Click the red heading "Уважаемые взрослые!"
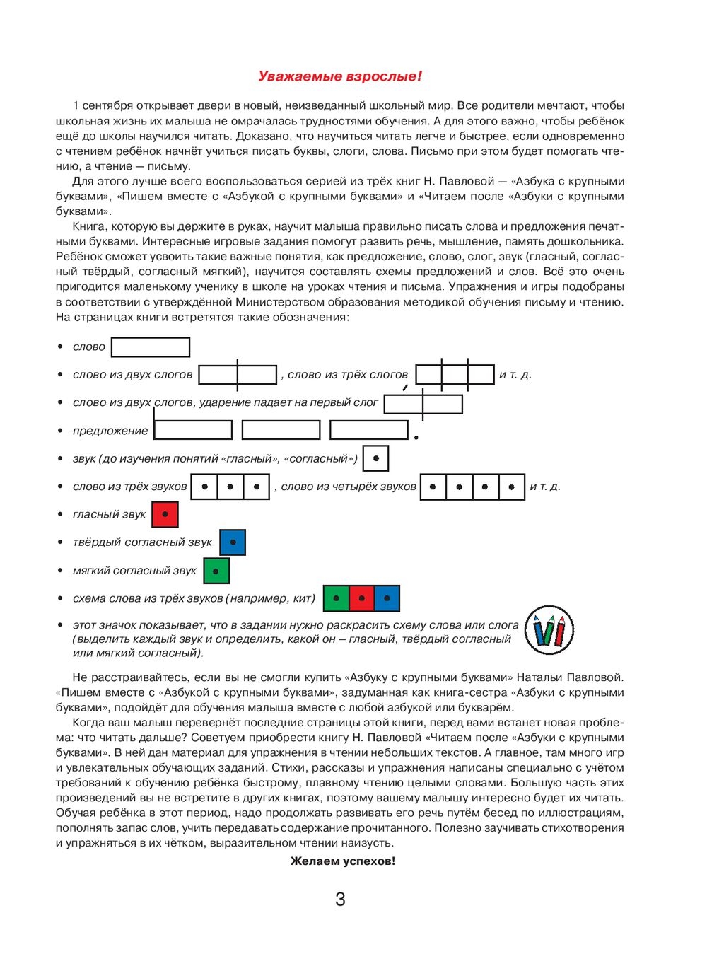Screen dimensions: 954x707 339,76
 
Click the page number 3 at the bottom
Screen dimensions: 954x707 340,899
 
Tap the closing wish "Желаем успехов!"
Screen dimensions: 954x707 343,861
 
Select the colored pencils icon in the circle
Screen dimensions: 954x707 549,629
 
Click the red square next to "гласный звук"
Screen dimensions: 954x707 165,514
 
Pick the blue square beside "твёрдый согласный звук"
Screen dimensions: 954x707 233,542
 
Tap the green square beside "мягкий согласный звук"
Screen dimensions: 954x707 216,571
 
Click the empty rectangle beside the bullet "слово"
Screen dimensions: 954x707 151,347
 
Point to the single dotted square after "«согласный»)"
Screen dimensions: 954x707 375,458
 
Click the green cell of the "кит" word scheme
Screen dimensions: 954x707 336,598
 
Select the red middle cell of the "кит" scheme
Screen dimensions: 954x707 361,598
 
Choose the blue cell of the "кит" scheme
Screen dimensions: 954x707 387,598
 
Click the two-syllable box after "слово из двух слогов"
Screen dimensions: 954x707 238,375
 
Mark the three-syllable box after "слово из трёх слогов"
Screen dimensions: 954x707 455,375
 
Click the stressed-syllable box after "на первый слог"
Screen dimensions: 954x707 423,404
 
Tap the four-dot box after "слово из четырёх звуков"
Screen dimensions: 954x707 472,487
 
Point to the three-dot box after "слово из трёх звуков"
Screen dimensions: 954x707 230,487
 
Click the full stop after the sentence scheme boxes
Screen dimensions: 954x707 416,438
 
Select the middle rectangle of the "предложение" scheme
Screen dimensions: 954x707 281,430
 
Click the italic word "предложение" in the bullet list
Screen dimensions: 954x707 110,431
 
